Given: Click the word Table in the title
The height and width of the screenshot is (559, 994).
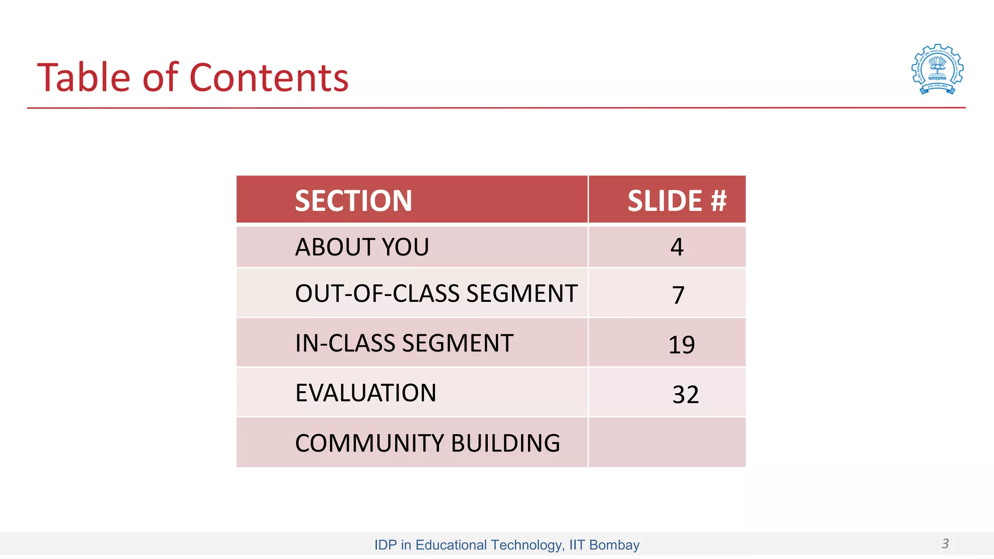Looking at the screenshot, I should point(83,78).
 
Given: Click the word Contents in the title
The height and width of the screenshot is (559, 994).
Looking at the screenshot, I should point(269,78).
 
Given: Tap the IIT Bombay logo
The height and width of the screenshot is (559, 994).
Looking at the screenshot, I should point(937,69).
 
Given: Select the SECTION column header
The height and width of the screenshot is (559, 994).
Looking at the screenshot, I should point(353,200).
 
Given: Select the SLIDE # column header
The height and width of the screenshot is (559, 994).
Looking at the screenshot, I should point(677,200).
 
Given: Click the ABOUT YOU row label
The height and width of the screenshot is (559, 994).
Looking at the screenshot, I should point(362,247).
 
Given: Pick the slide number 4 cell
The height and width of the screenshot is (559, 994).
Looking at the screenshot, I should point(677,247).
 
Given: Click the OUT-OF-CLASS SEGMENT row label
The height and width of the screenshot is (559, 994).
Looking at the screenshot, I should point(436,294).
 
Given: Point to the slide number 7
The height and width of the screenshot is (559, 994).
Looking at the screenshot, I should point(678,295).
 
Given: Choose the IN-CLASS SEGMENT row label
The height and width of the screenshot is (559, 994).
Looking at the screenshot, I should point(404,343).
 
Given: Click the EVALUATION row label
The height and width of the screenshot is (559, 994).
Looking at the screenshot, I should point(365,393).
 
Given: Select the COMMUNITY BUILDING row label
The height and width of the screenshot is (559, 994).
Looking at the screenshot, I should point(427,443).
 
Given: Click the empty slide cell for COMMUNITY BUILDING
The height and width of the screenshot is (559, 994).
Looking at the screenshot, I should point(667,443).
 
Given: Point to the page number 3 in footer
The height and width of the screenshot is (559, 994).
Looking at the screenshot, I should point(944,543).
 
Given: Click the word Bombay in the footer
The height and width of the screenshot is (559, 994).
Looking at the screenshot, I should point(614,545).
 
